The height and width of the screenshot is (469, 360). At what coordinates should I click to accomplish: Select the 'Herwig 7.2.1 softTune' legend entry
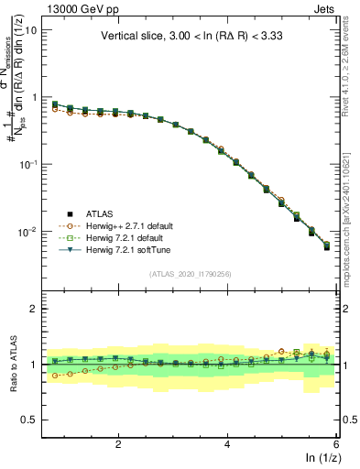[118, 249]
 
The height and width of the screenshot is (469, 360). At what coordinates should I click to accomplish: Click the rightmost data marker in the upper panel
[327, 246]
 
